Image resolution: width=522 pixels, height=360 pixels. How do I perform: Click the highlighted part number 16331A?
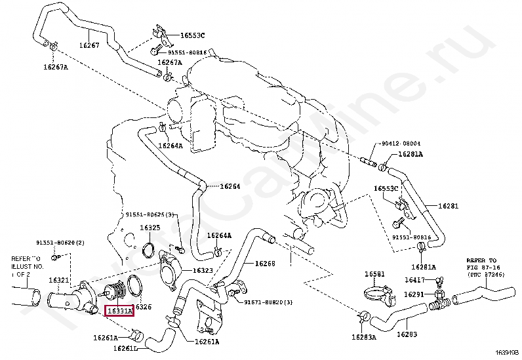pos(119,310)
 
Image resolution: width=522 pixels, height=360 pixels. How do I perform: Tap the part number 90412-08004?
pos(399,143)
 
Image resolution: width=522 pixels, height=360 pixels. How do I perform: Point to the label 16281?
pos(448,206)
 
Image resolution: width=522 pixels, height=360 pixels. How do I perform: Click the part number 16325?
pos(150,228)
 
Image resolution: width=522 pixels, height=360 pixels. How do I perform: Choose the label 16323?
pos(202,270)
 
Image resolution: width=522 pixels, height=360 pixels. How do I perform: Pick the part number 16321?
pos(59,281)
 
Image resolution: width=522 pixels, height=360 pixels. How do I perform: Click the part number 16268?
pos(264,263)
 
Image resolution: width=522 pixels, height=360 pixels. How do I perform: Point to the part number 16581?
pos(375,274)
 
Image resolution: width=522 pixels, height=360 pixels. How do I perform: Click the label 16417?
pos(415,280)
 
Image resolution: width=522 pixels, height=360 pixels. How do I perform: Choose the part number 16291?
pos(414,295)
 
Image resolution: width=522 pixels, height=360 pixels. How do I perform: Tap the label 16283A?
pos(363,338)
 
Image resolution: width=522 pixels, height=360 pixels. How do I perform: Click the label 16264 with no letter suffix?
pos(230,186)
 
